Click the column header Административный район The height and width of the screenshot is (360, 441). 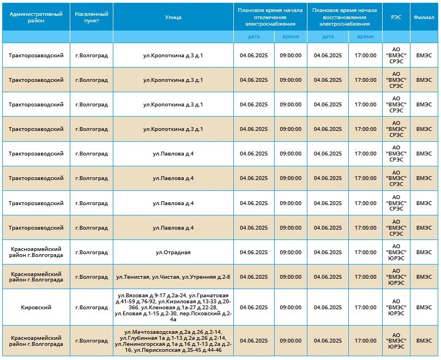click(x=36, y=17)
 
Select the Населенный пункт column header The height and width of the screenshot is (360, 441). click(x=92, y=17)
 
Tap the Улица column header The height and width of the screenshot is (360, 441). click(x=173, y=17)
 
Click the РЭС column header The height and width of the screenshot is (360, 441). click(x=396, y=17)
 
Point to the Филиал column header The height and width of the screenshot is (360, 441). click(x=424, y=17)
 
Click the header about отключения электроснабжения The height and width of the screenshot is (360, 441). click(x=270, y=17)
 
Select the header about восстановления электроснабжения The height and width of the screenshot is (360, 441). click(x=345, y=17)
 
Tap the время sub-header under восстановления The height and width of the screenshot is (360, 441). click(x=365, y=37)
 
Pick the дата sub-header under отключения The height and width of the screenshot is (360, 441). click(x=253, y=37)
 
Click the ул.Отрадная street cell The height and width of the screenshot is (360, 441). click(x=173, y=252)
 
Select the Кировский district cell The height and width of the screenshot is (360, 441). click(x=36, y=308)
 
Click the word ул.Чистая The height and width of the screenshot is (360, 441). click(x=166, y=277)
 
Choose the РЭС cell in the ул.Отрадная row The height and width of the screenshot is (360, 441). click(x=396, y=252)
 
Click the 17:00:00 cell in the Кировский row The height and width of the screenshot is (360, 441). click(x=365, y=308)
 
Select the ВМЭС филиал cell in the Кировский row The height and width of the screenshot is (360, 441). click(x=424, y=308)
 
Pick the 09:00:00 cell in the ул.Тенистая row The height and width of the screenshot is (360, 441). click(x=291, y=277)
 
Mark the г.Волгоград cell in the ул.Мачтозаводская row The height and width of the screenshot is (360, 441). click(x=92, y=341)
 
